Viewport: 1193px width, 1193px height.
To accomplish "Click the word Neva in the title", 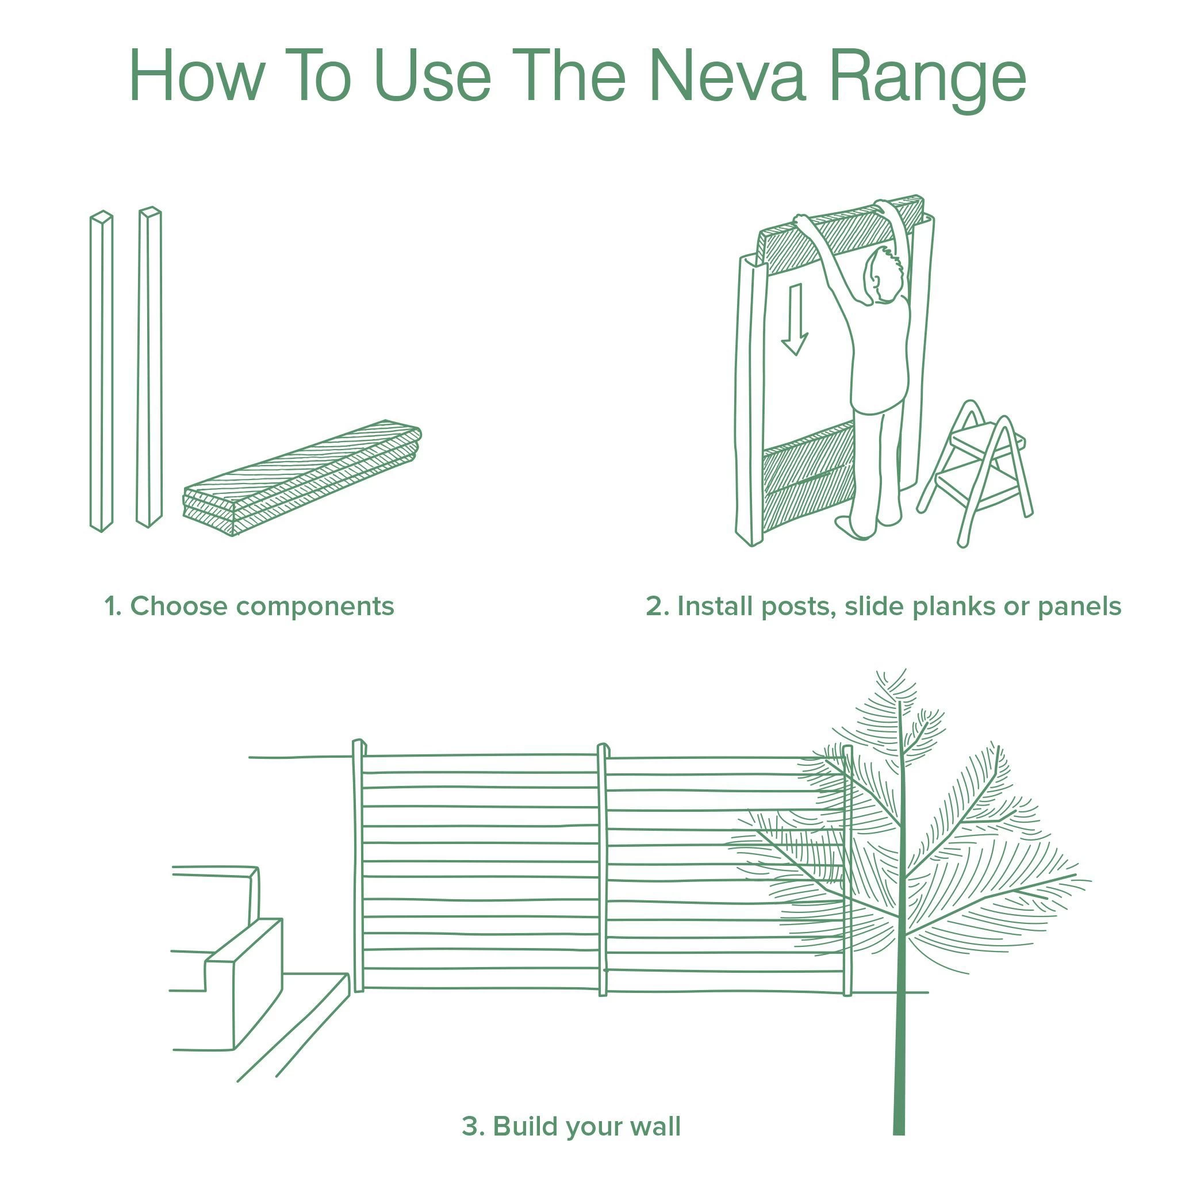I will click(x=727, y=76).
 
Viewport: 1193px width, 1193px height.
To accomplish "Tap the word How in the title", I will click(x=197, y=76).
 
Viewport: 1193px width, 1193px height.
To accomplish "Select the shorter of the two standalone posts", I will click(x=102, y=370).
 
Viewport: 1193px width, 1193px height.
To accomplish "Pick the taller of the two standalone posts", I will click(x=149, y=367).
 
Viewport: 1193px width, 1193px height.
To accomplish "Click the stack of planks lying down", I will click(x=302, y=478).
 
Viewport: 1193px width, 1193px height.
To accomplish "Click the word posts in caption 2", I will click(x=799, y=607).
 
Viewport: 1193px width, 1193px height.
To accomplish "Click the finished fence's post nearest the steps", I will click(x=358, y=865).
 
